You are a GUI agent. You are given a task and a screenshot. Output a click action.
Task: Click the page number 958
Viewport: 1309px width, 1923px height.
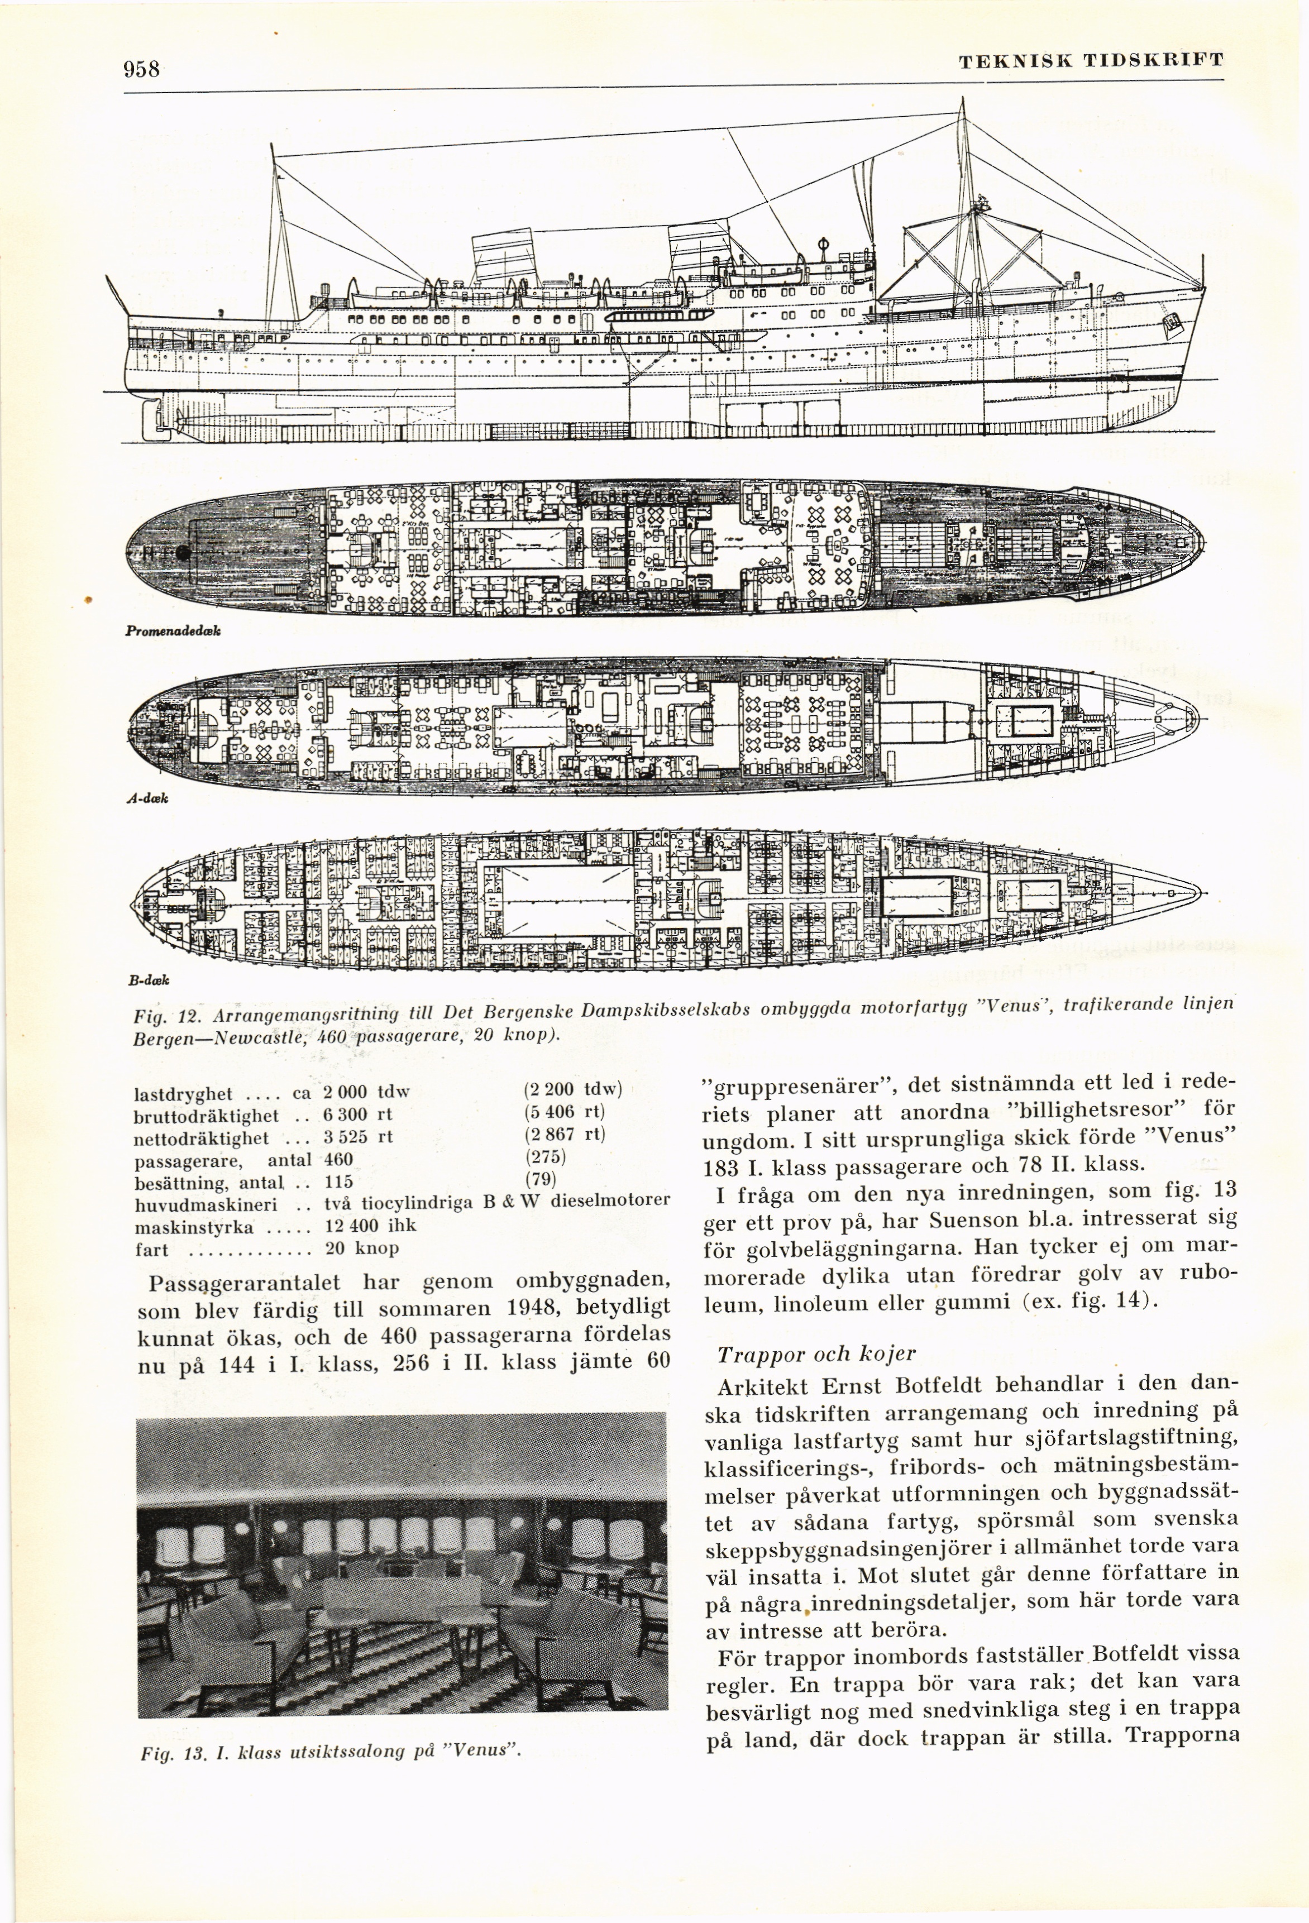coord(141,69)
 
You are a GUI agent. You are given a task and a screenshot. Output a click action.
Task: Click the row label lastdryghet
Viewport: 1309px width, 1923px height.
coord(183,1093)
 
